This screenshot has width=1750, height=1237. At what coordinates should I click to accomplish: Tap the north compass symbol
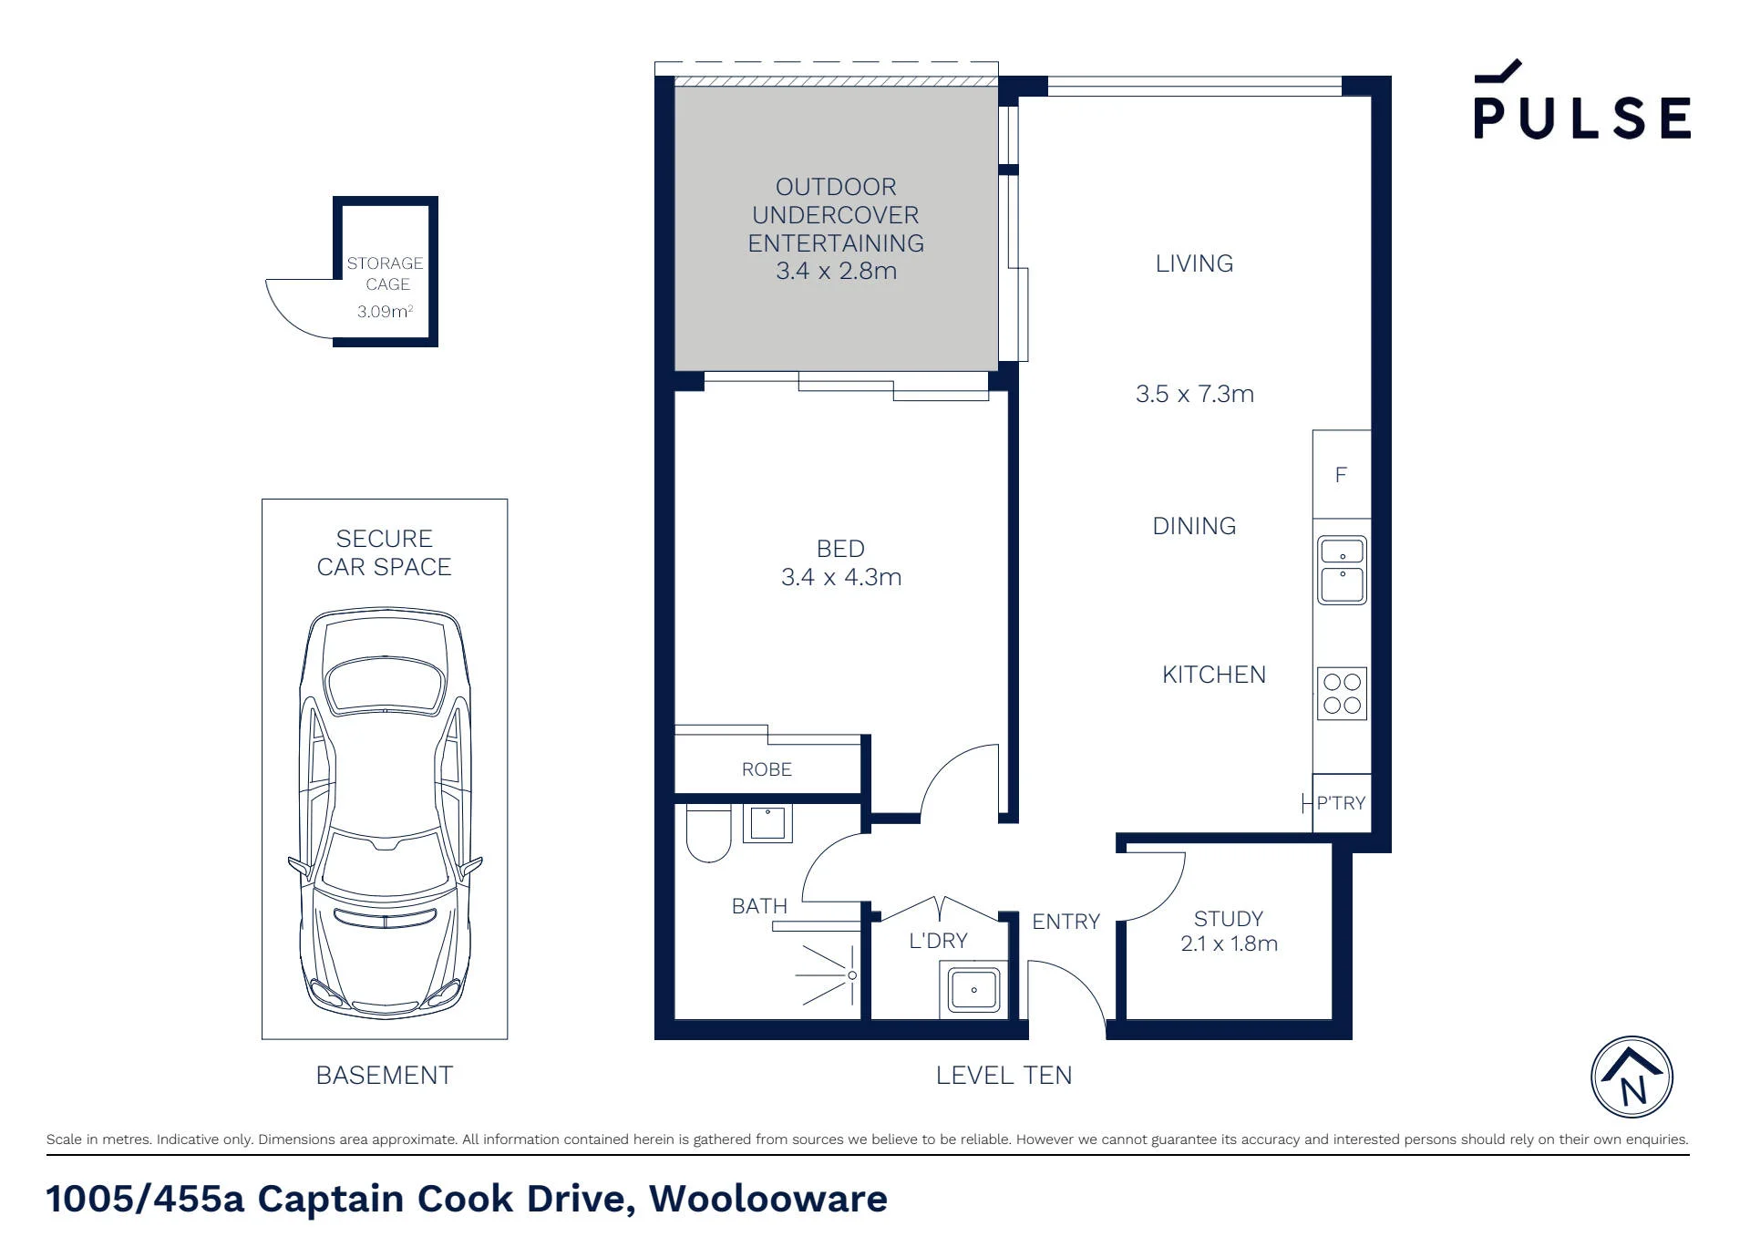[x=1632, y=1077]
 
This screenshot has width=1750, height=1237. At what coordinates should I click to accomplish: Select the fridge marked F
[x=1342, y=474]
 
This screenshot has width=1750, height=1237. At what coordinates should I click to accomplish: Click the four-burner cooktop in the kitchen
[x=1342, y=693]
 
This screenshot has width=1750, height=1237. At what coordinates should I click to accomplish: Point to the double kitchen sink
[x=1342, y=570]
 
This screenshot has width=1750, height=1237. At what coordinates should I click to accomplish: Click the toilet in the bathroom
[x=708, y=833]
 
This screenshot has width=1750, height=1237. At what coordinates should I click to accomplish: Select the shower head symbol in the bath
[x=829, y=975]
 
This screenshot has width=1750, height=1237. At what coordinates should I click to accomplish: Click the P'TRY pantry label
[x=1341, y=803]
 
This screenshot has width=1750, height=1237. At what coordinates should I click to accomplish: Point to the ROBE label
[x=767, y=769]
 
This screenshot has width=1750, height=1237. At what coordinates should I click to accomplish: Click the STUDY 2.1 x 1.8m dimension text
[x=1229, y=943]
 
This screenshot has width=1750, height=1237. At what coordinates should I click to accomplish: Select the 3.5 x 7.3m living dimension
[x=1194, y=394]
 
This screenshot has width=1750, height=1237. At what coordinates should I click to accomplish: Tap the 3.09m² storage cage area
[x=385, y=311]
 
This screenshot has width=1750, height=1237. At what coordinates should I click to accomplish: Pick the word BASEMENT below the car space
[x=384, y=1076]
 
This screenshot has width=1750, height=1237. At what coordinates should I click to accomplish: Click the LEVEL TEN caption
[x=1004, y=1076]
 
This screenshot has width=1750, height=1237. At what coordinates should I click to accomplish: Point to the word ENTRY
[x=1065, y=922]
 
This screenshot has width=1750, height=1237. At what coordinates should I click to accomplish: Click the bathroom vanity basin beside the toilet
[x=767, y=824]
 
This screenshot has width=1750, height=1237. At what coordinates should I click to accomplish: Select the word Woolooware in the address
[x=767, y=1199]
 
